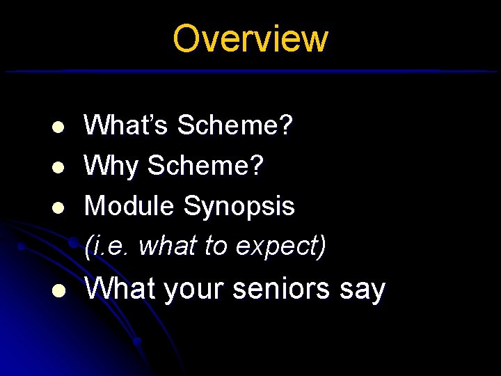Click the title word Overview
point(250,39)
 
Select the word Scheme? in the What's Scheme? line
point(235,126)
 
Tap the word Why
point(111,166)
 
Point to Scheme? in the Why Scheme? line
point(206,166)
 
